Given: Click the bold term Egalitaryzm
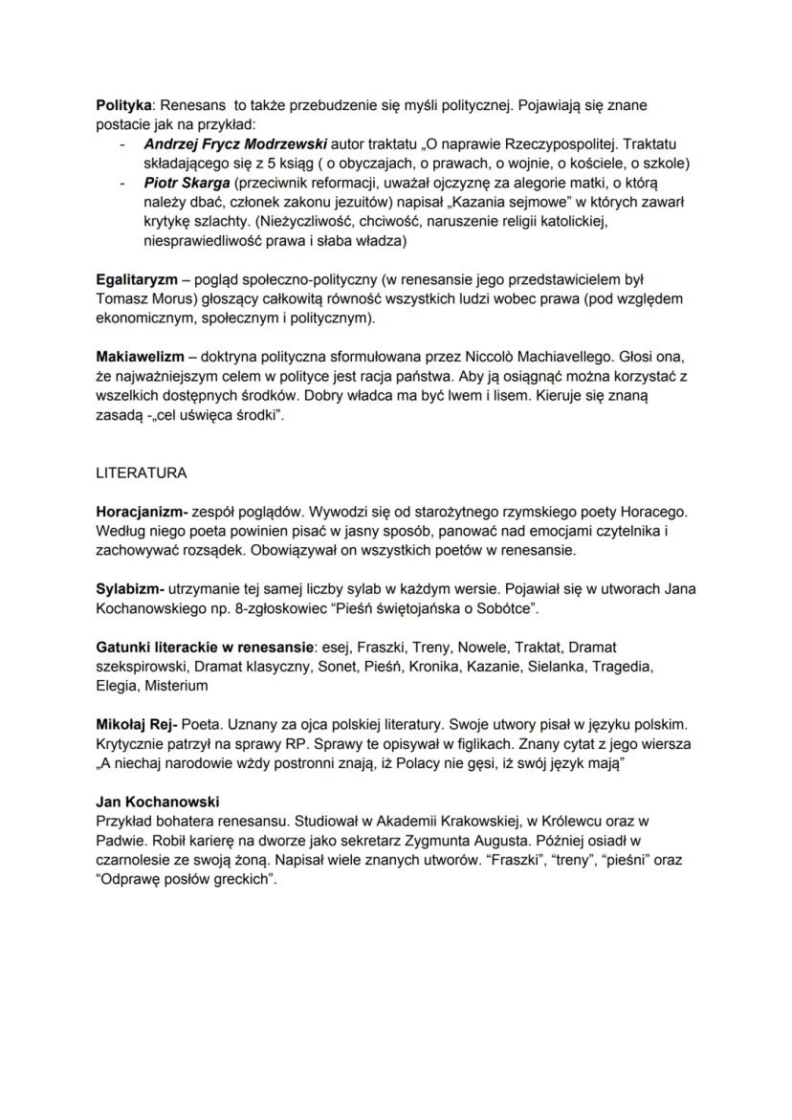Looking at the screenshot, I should pos(140,280).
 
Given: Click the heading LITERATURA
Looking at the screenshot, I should pos(142,473).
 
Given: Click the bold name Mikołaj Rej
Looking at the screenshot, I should pos(136,725).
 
